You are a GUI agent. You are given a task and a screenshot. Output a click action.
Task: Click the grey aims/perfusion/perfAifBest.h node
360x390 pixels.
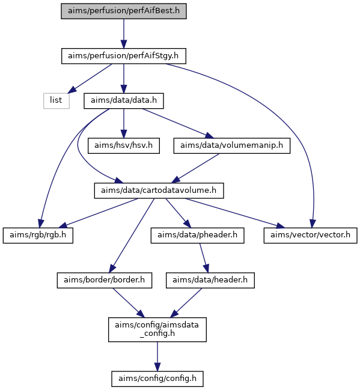click(124, 11)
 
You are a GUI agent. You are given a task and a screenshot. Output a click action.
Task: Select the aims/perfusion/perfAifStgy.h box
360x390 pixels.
click(124, 56)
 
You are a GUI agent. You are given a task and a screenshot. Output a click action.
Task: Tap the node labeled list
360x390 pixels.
click(56, 101)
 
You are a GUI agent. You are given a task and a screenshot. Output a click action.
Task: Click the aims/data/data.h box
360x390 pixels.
click(124, 101)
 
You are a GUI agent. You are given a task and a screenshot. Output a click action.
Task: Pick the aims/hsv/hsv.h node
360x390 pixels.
click(124, 146)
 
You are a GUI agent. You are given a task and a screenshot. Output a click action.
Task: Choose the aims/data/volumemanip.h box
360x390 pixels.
click(232, 146)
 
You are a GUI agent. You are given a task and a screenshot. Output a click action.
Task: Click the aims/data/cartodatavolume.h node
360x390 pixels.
click(159, 190)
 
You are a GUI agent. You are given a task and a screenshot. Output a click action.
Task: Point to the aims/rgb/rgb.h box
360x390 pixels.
click(38, 236)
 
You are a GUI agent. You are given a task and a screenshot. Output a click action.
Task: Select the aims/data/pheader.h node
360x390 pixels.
click(197, 236)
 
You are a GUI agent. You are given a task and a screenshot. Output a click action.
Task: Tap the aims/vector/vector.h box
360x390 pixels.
click(311, 236)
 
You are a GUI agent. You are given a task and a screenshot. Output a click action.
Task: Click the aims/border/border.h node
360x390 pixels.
click(105, 281)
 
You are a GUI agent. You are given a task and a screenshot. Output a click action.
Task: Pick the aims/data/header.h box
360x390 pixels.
click(210, 281)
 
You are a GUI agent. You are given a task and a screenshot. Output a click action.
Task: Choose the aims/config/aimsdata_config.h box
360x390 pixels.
click(157, 329)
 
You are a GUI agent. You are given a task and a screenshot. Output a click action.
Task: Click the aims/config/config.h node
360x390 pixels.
click(157, 379)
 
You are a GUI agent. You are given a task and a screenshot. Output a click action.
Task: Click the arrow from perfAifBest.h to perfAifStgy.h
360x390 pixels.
click(124, 34)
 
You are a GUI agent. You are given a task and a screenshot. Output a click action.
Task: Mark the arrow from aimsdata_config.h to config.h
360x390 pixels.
click(157, 356)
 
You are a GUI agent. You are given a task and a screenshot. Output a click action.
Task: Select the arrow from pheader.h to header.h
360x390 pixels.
click(204, 258)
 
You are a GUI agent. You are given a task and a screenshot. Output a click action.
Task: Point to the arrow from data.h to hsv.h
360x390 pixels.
click(124, 123)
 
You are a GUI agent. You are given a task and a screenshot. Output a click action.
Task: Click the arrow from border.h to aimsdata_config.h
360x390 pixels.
click(129, 303)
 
